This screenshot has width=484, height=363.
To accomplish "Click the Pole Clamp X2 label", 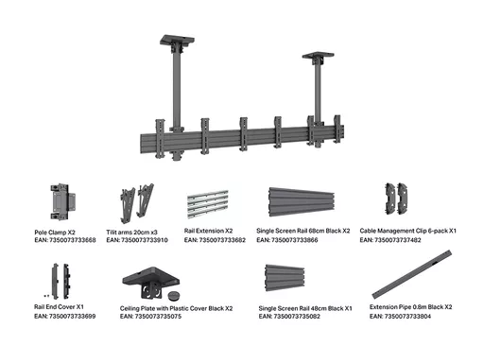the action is [55, 233].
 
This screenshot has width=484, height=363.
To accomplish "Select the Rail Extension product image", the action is [208, 204].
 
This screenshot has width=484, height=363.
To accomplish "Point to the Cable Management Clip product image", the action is [396, 199].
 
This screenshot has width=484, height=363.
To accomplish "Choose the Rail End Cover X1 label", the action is [59, 306].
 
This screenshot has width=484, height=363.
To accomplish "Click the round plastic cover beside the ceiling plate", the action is [173, 295].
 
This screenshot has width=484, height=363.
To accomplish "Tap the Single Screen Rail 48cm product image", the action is [285, 278].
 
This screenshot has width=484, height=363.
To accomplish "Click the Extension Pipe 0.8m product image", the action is [412, 274].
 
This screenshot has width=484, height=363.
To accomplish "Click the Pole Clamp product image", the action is [62, 201].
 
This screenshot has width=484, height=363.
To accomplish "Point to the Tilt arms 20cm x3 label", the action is [131, 233].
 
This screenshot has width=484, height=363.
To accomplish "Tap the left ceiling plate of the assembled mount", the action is [177, 41].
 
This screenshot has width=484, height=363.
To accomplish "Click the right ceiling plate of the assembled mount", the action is [318, 55].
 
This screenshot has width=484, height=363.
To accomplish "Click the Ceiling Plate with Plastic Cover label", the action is [176, 308].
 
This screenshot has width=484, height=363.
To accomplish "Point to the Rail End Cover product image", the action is [60, 282].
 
